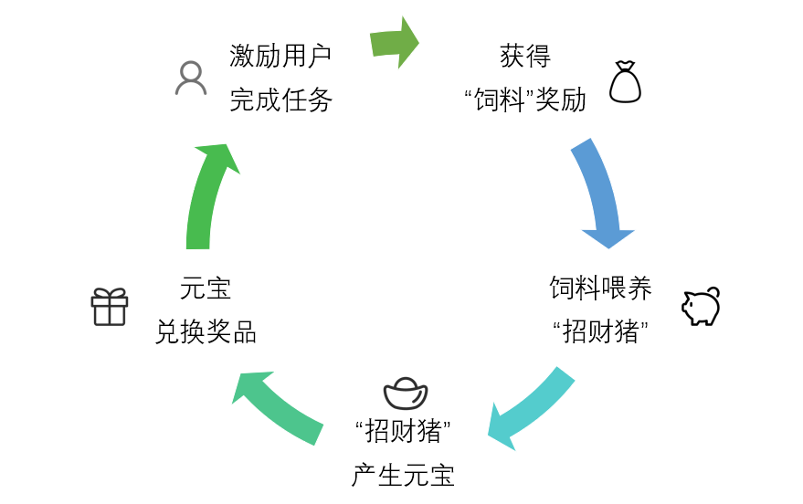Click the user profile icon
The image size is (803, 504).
click(x=191, y=79)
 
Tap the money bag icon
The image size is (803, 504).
click(x=625, y=82)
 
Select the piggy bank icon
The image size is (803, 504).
click(x=701, y=307)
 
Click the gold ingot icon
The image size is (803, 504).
click(x=406, y=393)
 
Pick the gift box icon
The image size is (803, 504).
click(x=110, y=307)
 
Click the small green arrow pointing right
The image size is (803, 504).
click(x=394, y=42)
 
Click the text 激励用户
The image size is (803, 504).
click(x=280, y=56)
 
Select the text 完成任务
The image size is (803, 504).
click(x=280, y=100)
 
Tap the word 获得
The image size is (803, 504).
click(x=525, y=56)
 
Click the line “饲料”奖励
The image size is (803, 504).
click(x=525, y=100)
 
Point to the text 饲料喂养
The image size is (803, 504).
click(x=600, y=289)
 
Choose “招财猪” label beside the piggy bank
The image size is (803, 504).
click(x=600, y=332)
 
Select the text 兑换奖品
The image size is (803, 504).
click(x=206, y=332)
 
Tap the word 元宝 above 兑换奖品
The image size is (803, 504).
click(x=206, y=289)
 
